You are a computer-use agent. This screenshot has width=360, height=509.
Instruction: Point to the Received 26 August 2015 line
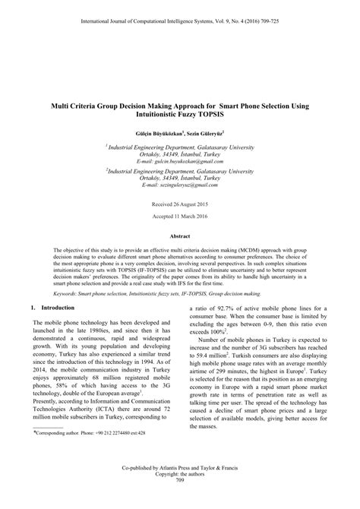pos(180,205)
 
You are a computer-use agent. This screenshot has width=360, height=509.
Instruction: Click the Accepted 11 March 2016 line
pos(180,217)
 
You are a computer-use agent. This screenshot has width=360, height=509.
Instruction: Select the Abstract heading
pos(180,238)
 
